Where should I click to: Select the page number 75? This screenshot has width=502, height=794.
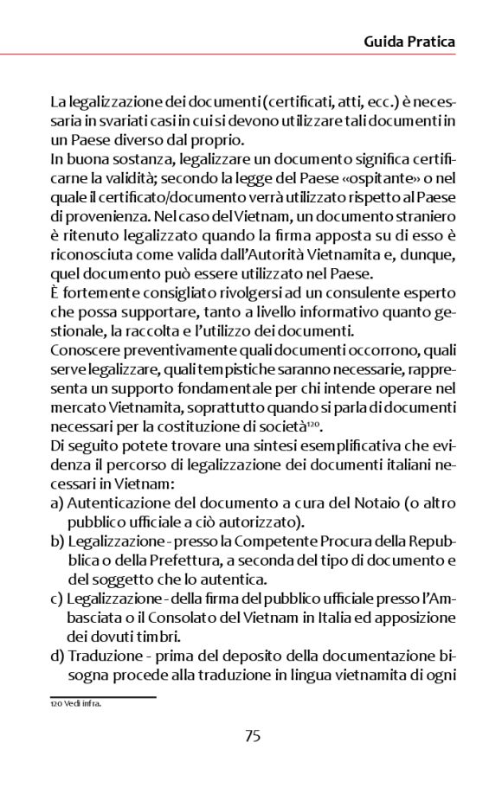click(252, 736)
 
